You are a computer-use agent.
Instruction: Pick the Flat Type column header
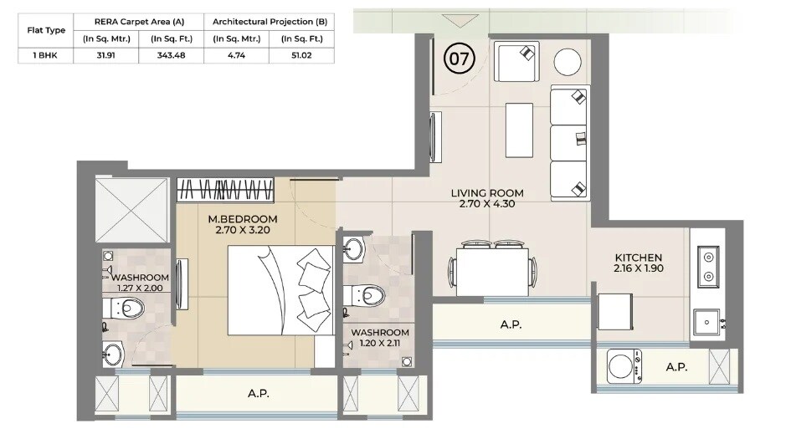click(46, 30)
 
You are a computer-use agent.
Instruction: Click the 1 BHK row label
click(46, 56)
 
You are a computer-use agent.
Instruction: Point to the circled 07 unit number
click(459, 59)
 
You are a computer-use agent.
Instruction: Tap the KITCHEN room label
click(638, 258)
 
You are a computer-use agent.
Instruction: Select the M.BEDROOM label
click(242, 219)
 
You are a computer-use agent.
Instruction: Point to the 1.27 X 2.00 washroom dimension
click(141, 288)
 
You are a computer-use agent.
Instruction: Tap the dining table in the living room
click(495, 271)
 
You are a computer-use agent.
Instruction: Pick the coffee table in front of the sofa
click(518, 129)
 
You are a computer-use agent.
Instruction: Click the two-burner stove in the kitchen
click(708, 266)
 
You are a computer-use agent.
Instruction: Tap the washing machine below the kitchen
click(622, 366)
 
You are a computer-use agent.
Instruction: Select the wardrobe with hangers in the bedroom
click(225, 190)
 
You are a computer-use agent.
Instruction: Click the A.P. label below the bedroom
click(259, 393)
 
